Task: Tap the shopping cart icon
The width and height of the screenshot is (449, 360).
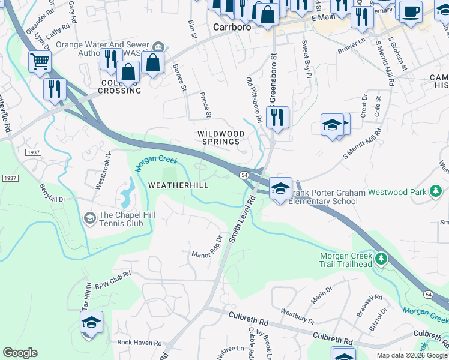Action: click(40, 60)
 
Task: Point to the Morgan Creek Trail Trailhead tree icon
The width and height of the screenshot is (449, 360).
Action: click(381, 259)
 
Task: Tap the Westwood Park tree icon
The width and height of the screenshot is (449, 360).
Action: click(436, 193)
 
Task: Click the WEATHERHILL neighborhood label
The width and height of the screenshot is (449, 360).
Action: click(178, 186)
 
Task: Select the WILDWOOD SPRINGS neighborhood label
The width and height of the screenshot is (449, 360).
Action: click(221, 137)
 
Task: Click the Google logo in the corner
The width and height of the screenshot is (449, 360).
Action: click(20, 353)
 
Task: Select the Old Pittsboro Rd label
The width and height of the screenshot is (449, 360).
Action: click(254, 100)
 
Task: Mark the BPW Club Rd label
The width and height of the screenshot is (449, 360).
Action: click(112, 280)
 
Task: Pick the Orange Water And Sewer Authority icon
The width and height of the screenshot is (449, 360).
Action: click(158, 47)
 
